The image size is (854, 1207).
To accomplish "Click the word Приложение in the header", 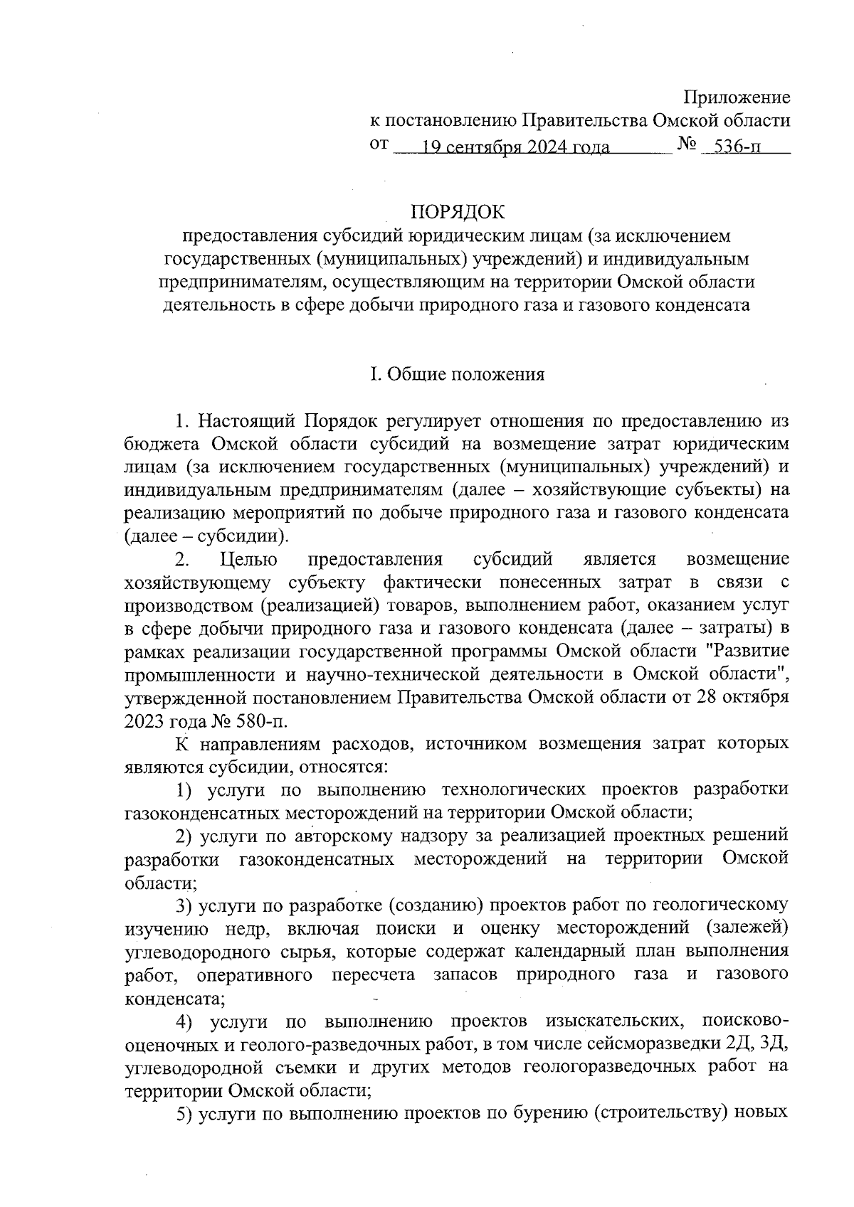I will (x=737, y=97).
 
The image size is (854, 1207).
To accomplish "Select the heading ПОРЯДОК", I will (x=456, y=212).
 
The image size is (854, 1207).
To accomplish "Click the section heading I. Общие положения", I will (x=456, y=374).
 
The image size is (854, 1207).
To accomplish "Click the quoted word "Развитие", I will (x=751, y=651).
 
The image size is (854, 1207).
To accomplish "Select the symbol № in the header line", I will (x=687, y=144).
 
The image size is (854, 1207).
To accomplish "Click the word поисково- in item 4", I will (x=744, y=1021).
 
